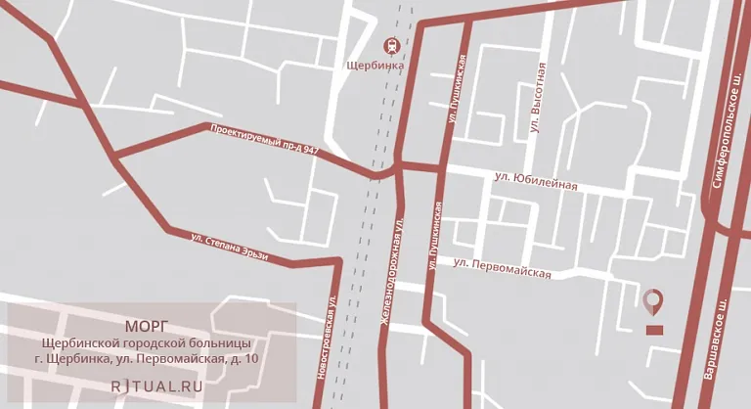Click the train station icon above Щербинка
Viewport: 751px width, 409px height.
pyautogui.click(x=390, y=45)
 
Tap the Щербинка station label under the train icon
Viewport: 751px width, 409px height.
pyautogui.click(x=375, y=67)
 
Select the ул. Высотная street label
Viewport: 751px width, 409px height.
pyautogui.click(x=536, y=97)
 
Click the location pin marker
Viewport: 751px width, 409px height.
pyautogui.click(x=653, y=302)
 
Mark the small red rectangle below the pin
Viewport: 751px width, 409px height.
pyautogui.click(x=653, y=329)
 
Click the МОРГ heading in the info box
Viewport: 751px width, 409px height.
pyautogui.click(x=148, y=325)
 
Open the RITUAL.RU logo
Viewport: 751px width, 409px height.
pyautogui.click(x=156, y=385)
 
